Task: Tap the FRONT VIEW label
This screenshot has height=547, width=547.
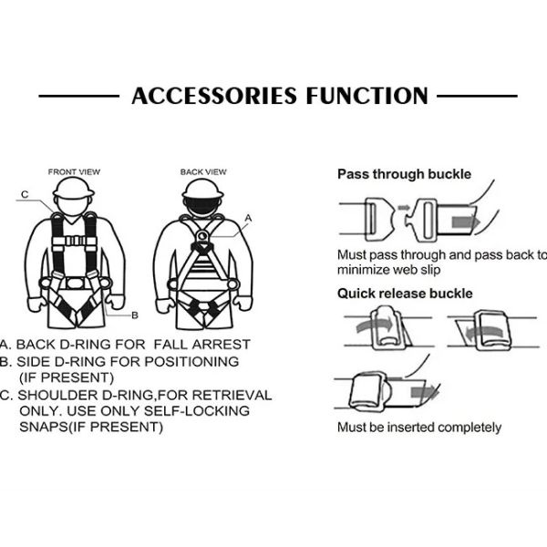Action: click(74, 171)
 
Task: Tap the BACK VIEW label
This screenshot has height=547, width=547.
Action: click(203, 171)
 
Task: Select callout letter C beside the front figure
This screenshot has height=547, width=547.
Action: click(25, 194)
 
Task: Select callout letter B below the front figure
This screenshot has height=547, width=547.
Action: click(134, 315)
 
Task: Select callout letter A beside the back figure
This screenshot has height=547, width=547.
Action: click(248, 217)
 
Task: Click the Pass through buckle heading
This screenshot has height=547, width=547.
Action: click(404, 173)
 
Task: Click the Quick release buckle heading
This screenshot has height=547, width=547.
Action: click(405, 293)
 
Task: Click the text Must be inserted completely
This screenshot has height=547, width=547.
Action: click(418, 427)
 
